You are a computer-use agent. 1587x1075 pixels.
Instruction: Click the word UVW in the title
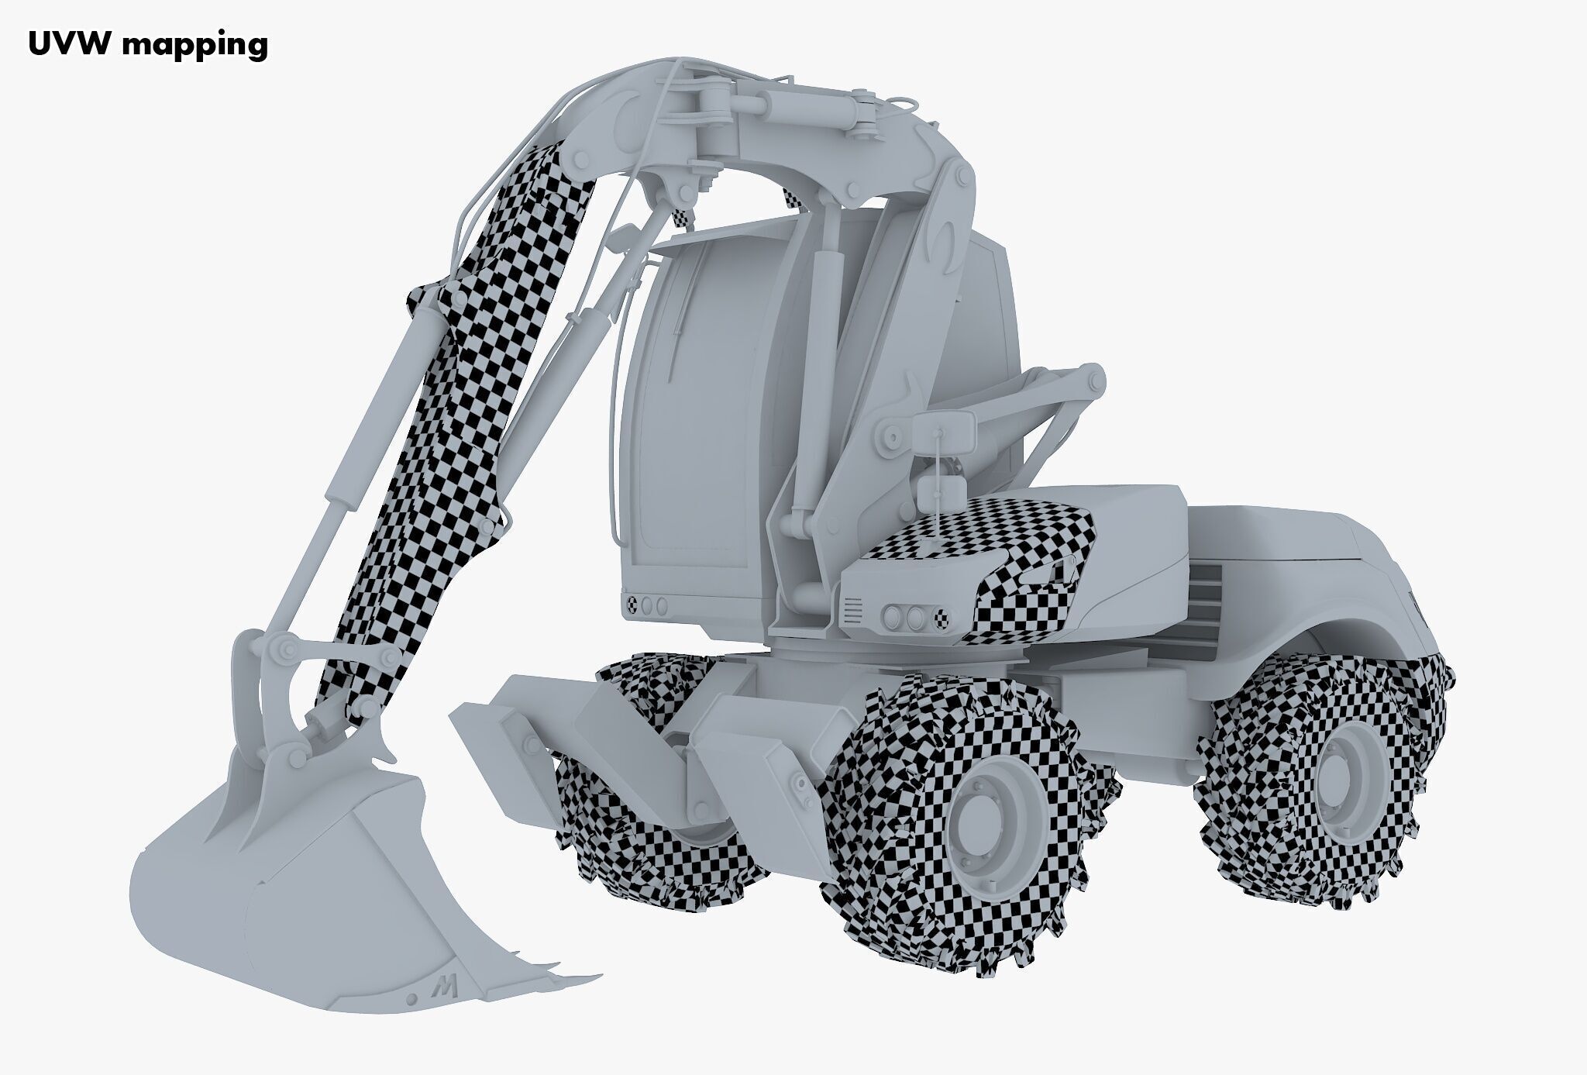70,44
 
